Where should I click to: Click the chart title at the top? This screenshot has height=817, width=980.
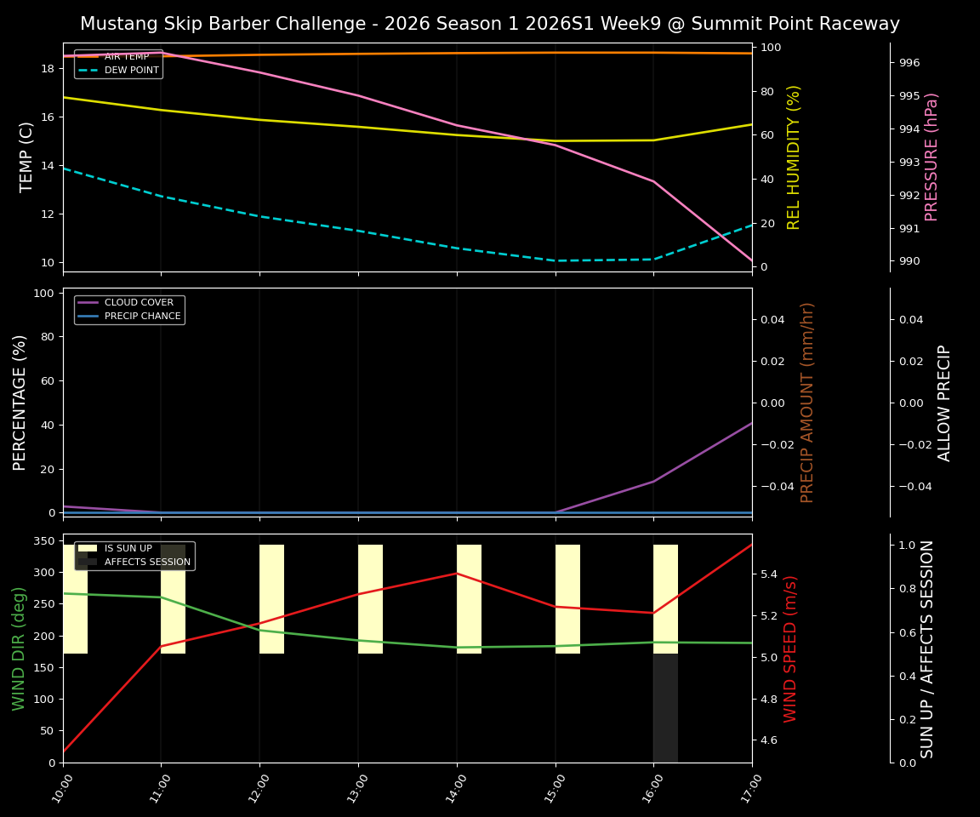coord(490,24)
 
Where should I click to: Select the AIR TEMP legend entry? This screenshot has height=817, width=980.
coord(126,57)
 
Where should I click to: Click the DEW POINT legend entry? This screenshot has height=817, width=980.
coord(131,71)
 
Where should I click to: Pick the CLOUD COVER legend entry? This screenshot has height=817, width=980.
coord(139,303)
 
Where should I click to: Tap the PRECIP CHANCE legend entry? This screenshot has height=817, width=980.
coord(142,317)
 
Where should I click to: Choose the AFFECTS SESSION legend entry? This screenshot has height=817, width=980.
coord(147,563)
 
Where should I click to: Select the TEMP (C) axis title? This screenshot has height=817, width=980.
coord(27,157)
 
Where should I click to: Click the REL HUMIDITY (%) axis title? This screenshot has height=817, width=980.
coord(795,157)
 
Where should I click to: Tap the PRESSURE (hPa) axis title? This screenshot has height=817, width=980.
coord(932,157)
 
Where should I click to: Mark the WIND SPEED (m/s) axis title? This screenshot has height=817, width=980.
coord(791,648)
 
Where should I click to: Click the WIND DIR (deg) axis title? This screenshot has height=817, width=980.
coord(19,648)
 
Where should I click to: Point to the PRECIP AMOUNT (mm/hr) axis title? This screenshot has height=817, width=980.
coord(807,402)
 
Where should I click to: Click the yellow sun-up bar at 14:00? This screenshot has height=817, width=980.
coord(469,599)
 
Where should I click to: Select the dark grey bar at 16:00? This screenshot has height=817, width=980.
coord(665,708)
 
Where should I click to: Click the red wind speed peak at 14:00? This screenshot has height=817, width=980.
coord(457,573)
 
